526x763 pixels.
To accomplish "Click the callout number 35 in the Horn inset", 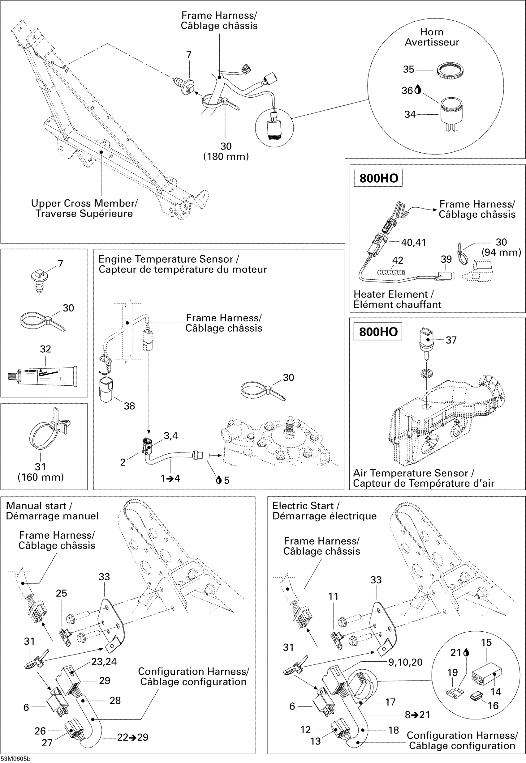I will point(408,70).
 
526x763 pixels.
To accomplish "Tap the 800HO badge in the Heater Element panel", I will point(378,178).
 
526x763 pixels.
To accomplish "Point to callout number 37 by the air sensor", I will point(451,340).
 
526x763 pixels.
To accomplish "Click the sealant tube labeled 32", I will point(42,376).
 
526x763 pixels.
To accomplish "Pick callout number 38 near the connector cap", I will point(129,406).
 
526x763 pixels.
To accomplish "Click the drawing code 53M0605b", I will point(15,759).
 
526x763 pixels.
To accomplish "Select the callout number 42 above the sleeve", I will point(398,261).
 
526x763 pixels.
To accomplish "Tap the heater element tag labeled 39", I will point(445,276).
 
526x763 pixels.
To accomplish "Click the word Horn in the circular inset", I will point(432,32).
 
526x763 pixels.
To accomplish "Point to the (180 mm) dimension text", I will point(226,156).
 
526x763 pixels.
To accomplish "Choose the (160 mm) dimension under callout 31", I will point(41,477).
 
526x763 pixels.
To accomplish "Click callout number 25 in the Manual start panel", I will point(61,593).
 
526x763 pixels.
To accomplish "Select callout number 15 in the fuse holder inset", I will point(486,642).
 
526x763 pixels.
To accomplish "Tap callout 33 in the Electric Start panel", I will point(376,580).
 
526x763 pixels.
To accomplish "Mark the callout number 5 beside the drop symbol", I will point(226,480).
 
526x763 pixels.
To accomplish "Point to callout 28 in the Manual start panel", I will point(115,700).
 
